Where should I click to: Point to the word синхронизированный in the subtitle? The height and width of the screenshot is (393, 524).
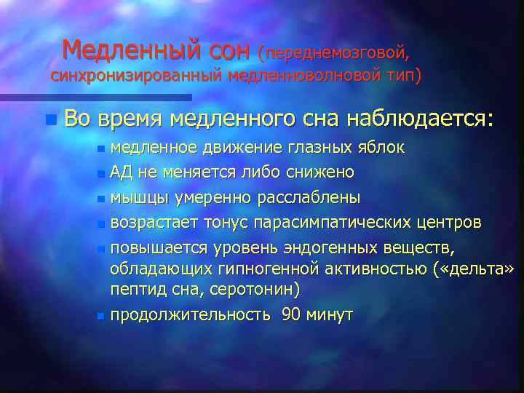click(x=137, y=76)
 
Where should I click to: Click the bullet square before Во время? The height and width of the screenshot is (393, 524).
click(x=48, y=119)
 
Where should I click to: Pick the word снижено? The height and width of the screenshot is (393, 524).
click(x=324, y=172)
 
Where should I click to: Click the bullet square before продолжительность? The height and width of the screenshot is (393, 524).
click(x=101, y=316)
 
